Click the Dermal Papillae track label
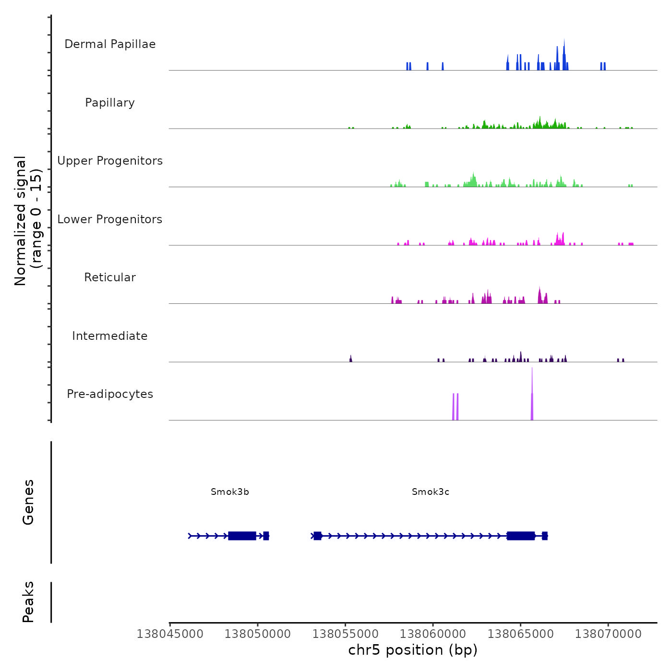click(110, 44)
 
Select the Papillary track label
click(110, 103)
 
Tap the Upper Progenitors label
click(110, 161)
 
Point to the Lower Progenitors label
click(110, 219)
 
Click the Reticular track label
click(110, 277)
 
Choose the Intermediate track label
click(110, 336)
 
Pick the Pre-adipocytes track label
click(110, 394)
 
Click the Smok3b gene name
click(230, 492)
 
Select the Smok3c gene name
click(431, 492)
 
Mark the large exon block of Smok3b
click(242, 536)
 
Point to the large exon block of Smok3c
click(521, 536)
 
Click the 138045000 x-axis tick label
click(170, 634)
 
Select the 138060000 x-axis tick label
click(433, 634)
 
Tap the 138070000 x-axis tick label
click(608, 634)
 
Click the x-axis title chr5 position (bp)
click(413, 650)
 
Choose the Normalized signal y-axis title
click(28, 220)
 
